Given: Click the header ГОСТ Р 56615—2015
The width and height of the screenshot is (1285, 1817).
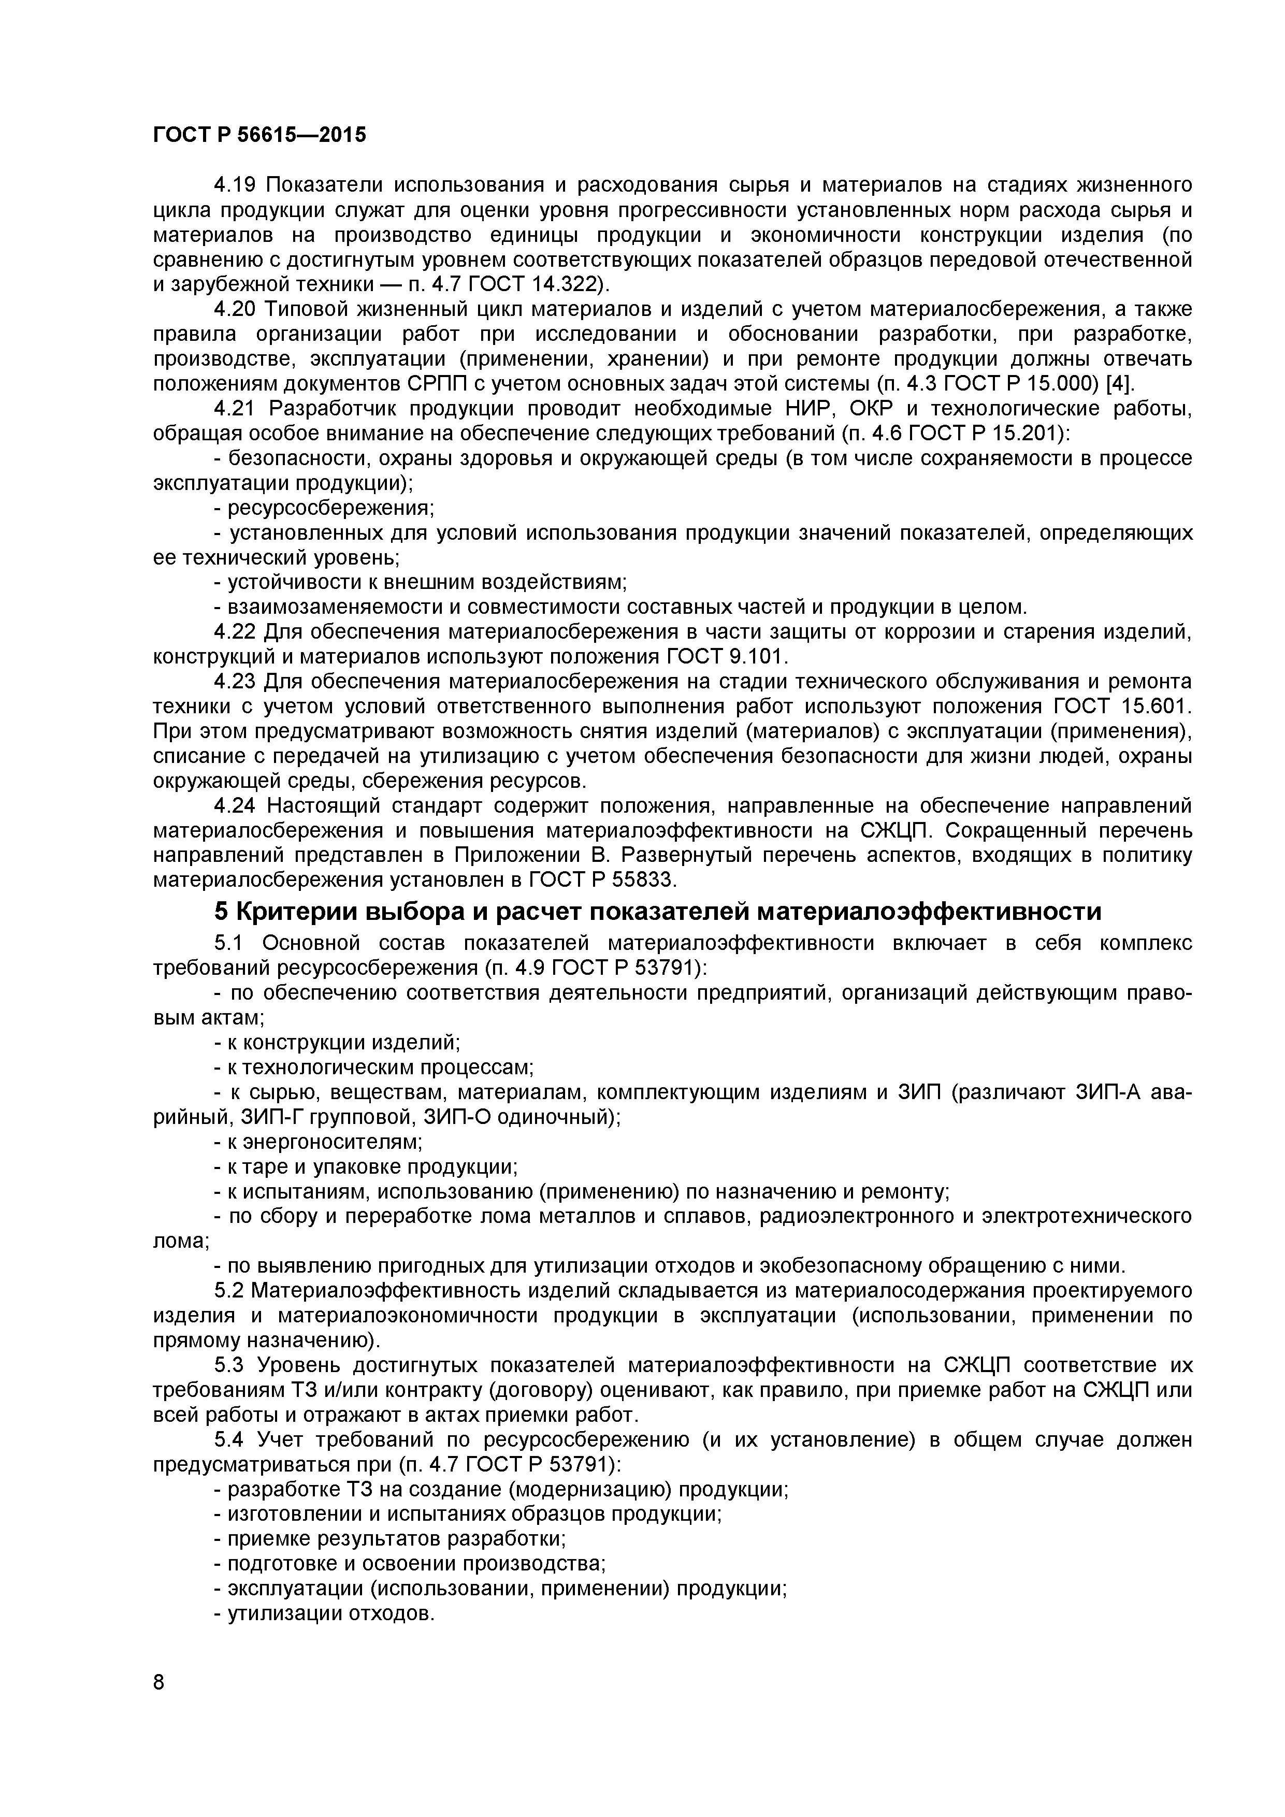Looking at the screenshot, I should [259, 135].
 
